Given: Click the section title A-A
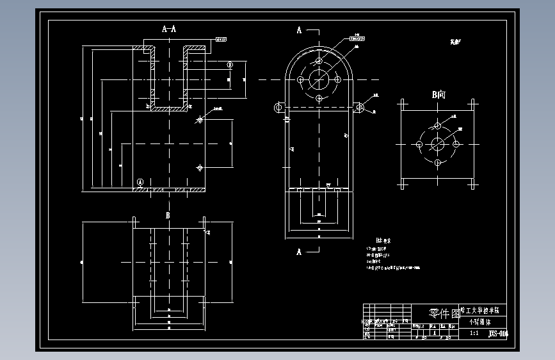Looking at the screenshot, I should (170, 29).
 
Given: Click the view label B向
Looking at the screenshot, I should (438, 95).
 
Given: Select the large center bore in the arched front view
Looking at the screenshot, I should (319, 79).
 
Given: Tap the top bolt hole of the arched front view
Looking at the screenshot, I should (319, 61).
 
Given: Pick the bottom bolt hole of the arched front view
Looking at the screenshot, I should (319, 98).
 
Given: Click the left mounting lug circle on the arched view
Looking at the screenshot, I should (278, 108).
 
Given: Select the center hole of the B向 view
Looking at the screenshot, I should (437, 143).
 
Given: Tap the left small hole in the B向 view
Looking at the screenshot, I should (419, 143).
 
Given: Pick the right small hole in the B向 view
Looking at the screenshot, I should (456, 143).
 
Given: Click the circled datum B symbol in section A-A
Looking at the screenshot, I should (229, 65).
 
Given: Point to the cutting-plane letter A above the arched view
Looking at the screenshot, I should (299, 30).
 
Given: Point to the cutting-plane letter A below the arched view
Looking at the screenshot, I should (299, 252).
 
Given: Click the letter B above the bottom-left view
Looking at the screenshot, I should (168, 215).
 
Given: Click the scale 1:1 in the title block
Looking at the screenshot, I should (474, 333).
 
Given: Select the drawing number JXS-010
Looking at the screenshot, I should (497, 333).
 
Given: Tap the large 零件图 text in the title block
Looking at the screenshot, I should (444, 313).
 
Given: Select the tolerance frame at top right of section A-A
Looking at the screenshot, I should (221, 40).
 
